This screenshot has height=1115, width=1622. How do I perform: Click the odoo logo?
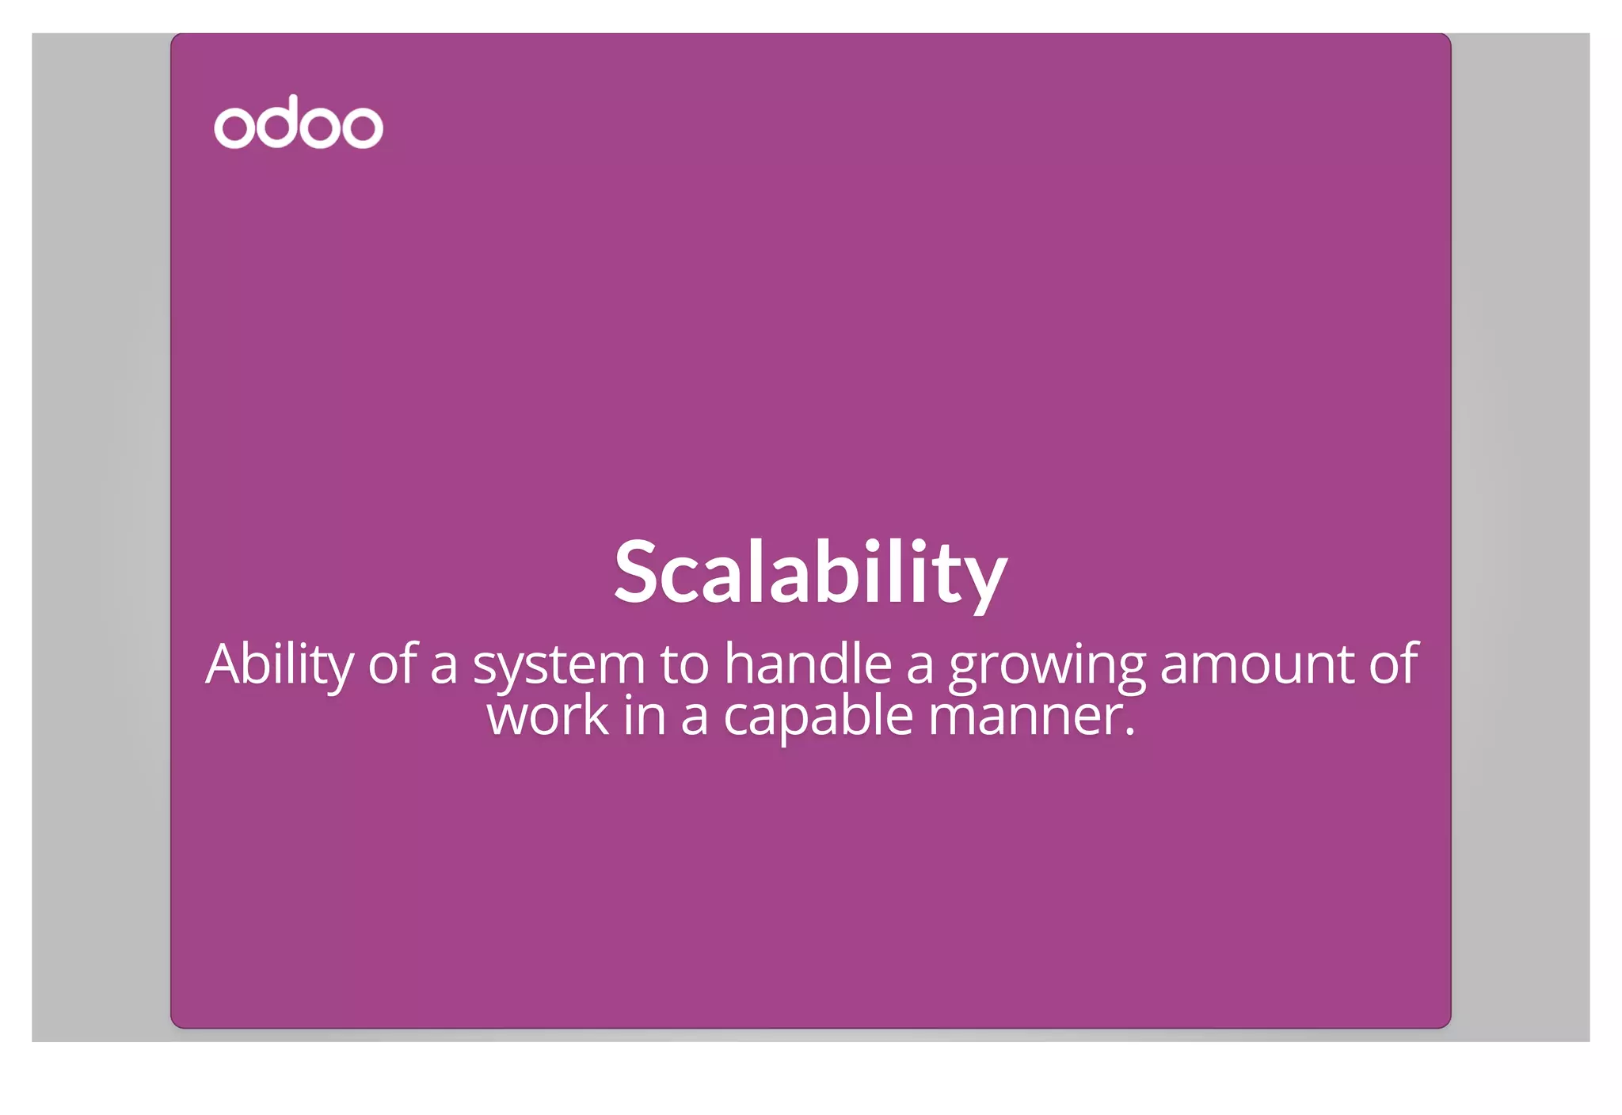click(x=299, y=123)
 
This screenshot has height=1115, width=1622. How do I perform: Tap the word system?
click(x=559, y=665)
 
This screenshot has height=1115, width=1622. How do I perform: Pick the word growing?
click(x=1047, y=665)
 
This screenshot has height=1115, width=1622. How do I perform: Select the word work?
click(x=547, y=716)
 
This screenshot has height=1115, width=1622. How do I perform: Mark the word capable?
click(x=818, y=717)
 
